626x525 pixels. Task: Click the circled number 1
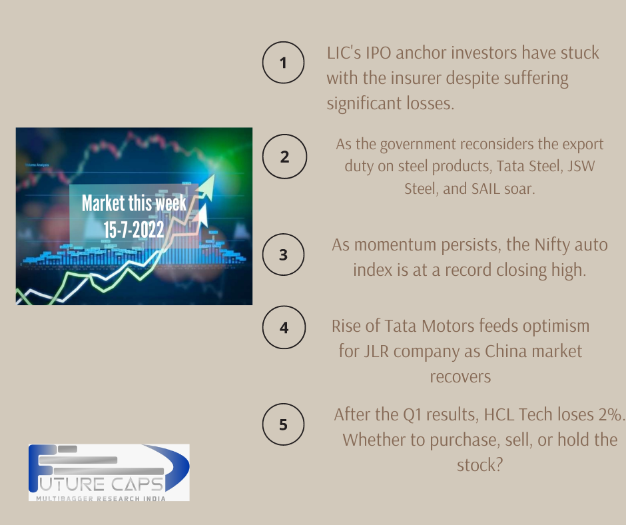(x=283, y=64)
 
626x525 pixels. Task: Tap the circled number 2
(x=284, y=157)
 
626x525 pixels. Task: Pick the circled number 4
(x=284, y=328)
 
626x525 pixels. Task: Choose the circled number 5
(x=283, y=424)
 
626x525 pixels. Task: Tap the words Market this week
(x=134, y=203)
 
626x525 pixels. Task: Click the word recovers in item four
(x=460, y=376)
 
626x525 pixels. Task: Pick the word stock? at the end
(x=479, y=464)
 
